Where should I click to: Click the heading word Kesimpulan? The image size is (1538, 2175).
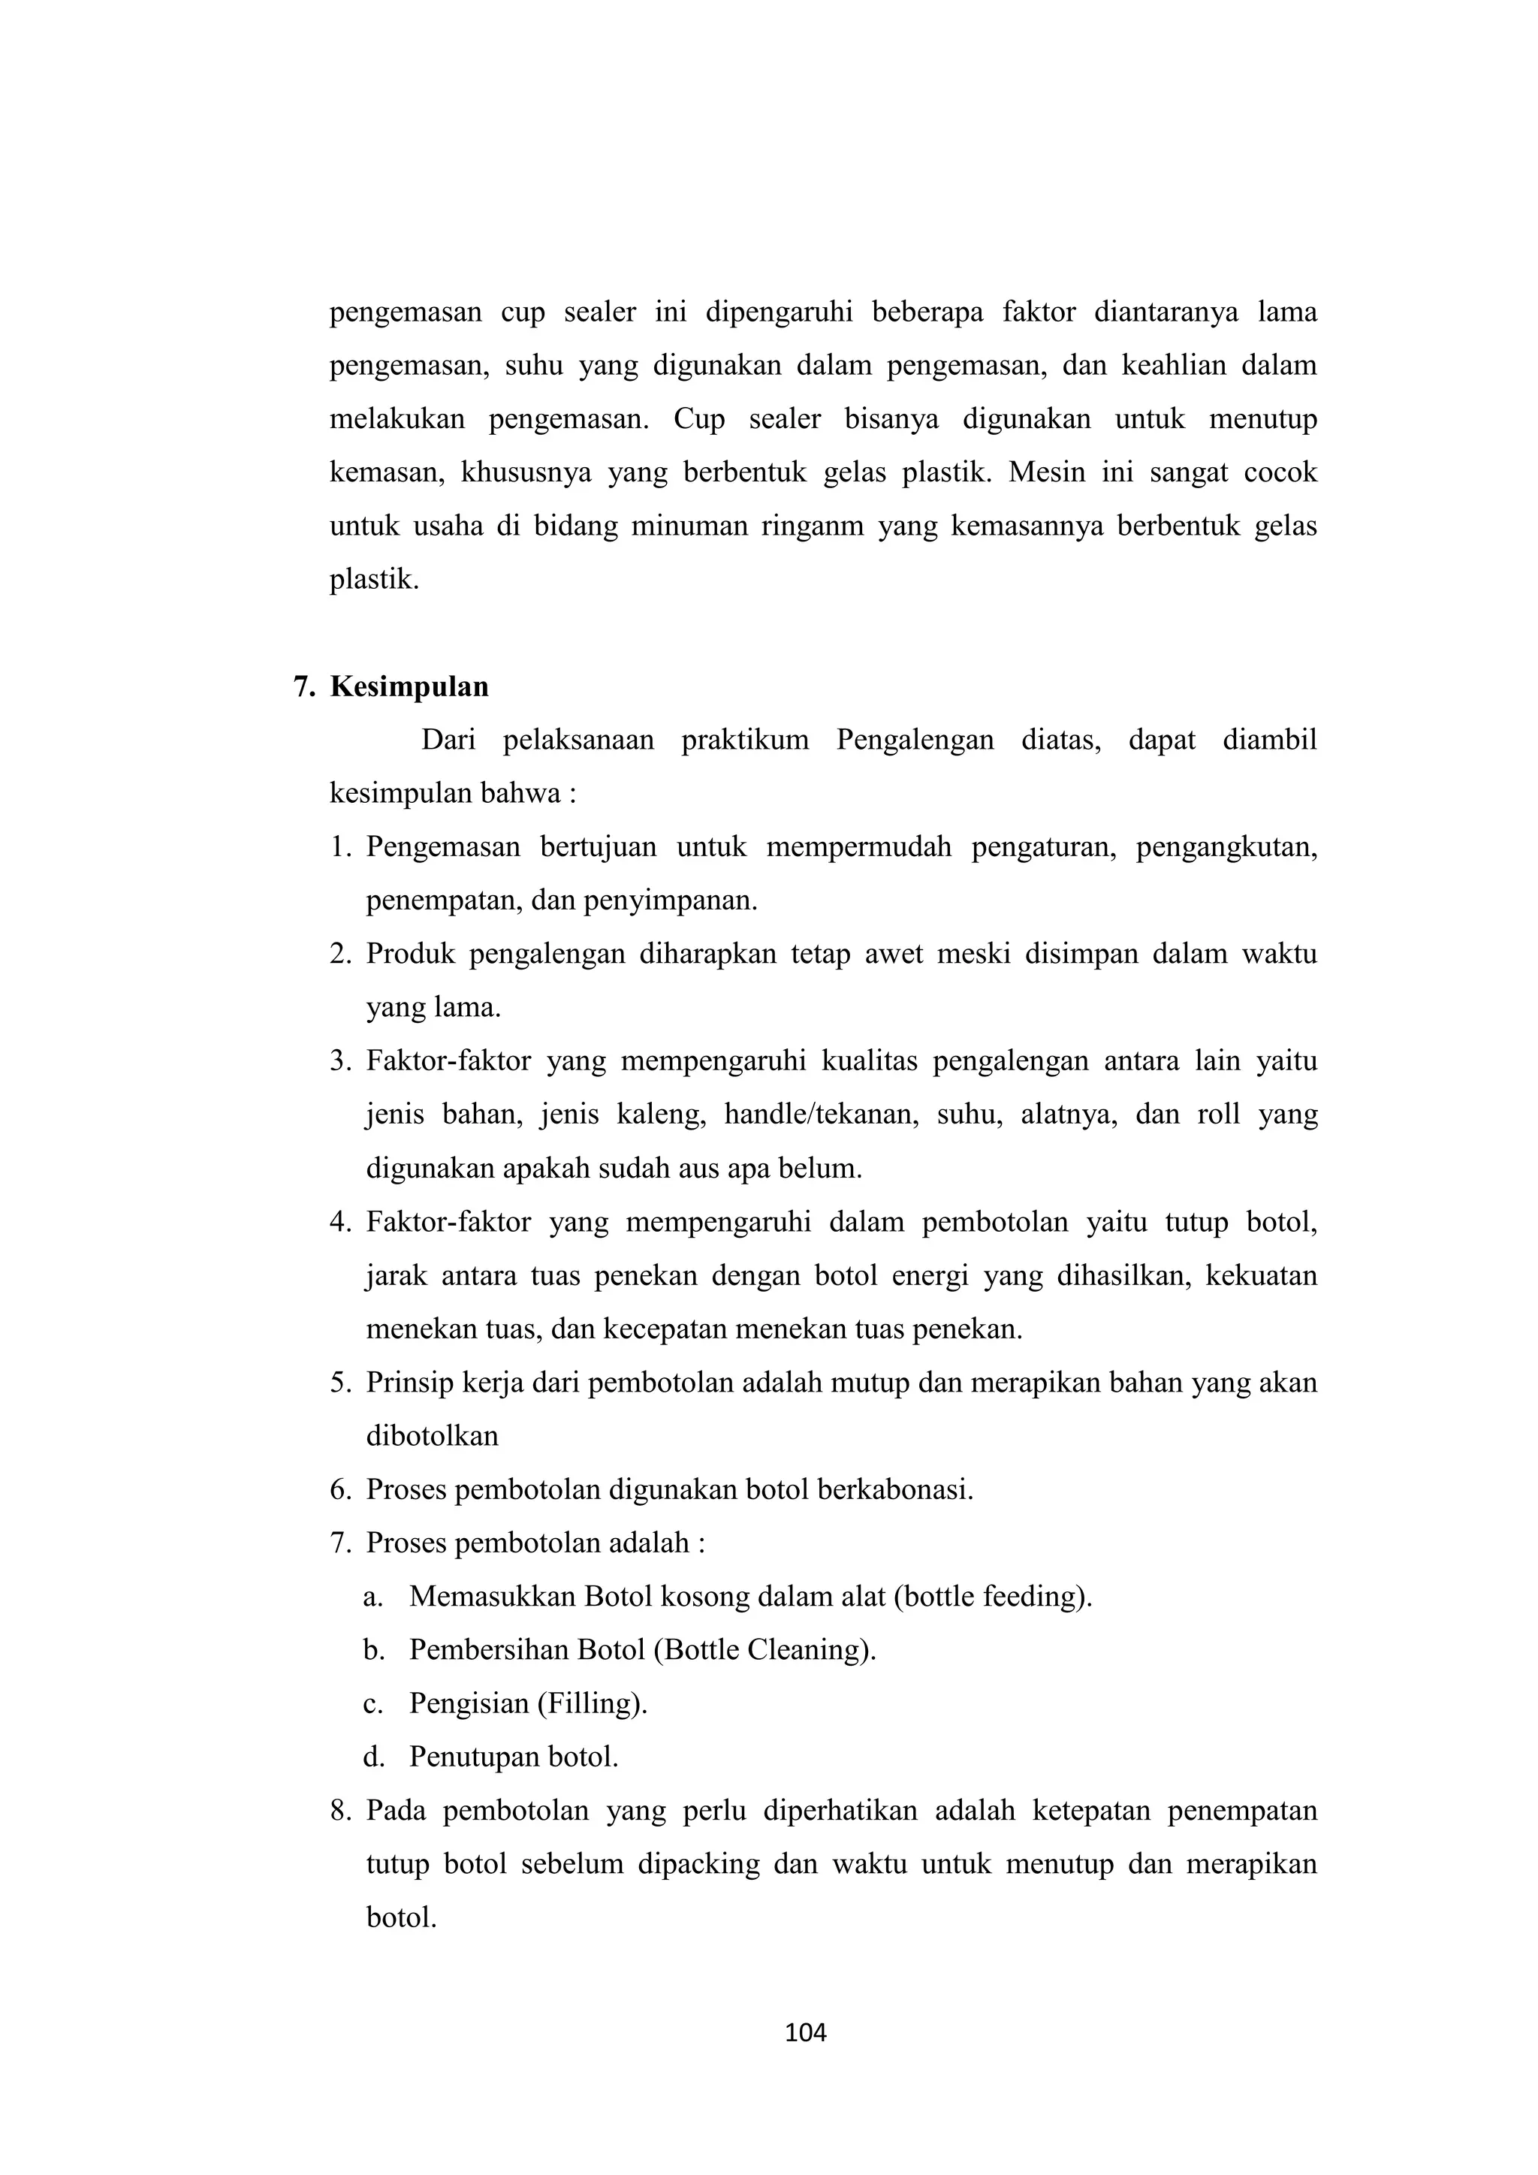[409, 686]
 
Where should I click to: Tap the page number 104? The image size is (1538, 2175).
[806, 2033]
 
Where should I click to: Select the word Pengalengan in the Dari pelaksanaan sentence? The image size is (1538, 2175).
[915, 740]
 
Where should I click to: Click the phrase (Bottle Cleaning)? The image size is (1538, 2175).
[765, 1650]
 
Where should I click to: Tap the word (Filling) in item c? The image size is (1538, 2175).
[593, 1703]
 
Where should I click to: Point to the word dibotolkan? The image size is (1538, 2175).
[432, 1436]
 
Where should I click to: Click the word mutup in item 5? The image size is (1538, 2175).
[856, 1383]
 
